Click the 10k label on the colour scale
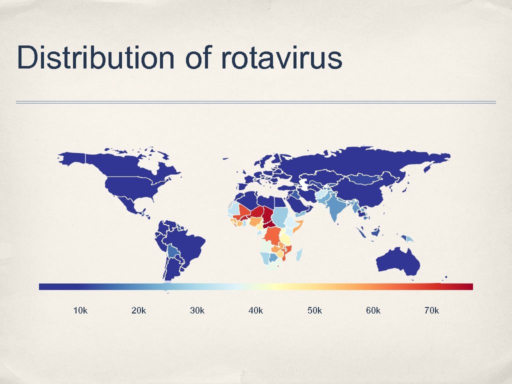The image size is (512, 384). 80,310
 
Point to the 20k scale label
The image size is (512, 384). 138,310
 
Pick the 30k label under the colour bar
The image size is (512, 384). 197,310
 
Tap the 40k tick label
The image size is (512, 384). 255,310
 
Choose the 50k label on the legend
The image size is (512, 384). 314,310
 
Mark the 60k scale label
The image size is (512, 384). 373,310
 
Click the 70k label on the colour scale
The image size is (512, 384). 431,310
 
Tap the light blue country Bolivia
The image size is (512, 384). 173,250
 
